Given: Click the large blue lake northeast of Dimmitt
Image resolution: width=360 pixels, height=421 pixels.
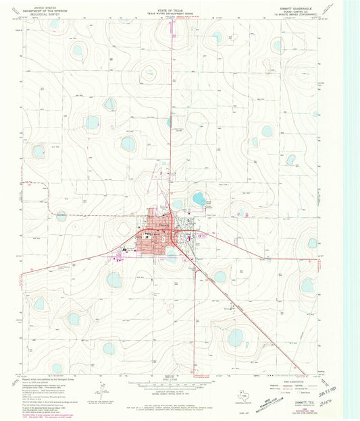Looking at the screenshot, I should point(199,198).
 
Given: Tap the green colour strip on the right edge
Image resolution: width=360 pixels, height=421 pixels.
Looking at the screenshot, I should point(353,202).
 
